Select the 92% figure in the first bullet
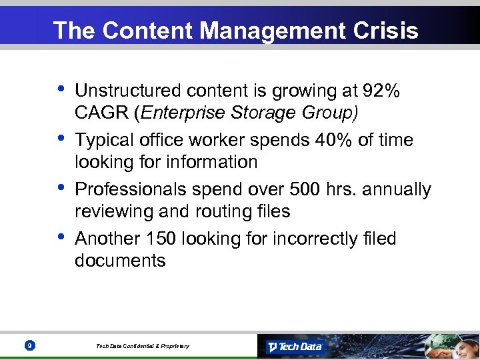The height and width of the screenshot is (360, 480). tap(382, 91)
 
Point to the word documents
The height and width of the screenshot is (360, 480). tap(120, 261)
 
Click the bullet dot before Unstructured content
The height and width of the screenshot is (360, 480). tap(61, 87)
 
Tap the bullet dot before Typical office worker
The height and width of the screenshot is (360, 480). tap(61, 137)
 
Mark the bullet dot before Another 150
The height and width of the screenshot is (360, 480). tap(61, 235)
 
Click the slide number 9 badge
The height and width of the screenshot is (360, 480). tap(28, 345)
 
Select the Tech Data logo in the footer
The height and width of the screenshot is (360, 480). tap(295, 346)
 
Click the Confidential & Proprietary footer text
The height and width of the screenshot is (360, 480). tap(143, 346)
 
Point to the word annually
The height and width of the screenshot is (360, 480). tap(399, 189)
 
